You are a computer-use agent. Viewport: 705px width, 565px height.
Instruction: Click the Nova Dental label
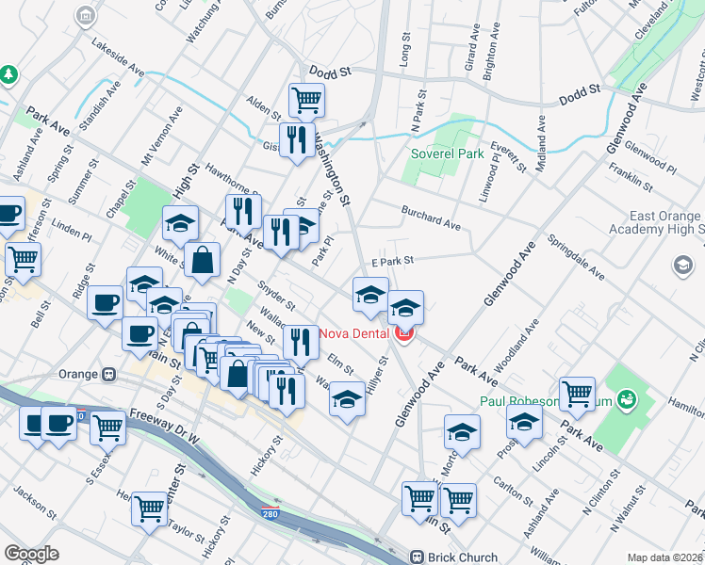[x=355, y=333]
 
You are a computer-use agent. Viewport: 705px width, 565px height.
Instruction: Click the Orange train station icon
[x=109, y=373]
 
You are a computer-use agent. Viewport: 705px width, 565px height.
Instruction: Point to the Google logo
[x=31, y=554]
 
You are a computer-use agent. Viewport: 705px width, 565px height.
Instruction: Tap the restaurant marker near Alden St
[x=298, y=139]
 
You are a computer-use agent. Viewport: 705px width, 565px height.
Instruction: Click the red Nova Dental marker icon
[x=405, y=333]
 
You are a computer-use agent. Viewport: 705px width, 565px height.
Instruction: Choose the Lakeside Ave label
[x=118, y=57]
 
